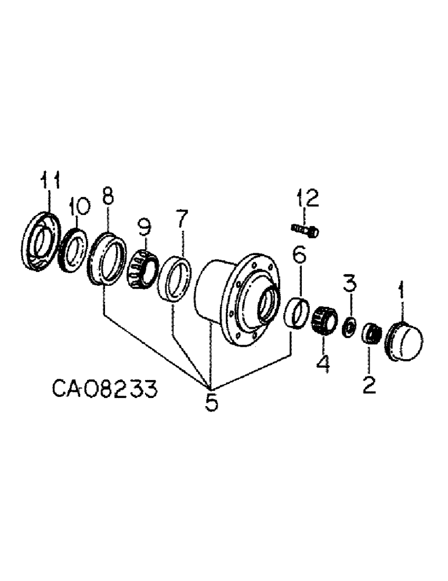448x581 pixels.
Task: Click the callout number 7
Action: click(182, 220)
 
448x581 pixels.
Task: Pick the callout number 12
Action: click(308, 199)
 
